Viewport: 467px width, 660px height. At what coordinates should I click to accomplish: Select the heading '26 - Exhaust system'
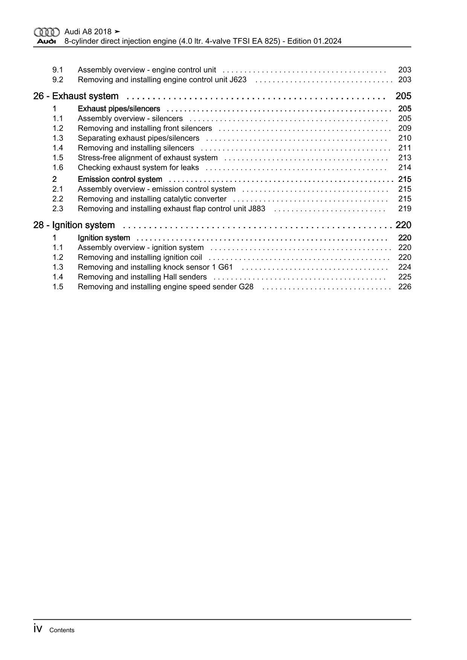click(76, 96)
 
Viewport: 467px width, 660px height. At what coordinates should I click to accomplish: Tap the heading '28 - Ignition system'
click(74, 225)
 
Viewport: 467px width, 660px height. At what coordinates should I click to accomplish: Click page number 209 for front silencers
click(404, 128)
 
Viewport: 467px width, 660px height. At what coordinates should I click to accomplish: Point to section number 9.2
click(58, 80)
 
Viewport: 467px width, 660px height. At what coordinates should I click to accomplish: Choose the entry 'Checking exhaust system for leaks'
click(138, 168)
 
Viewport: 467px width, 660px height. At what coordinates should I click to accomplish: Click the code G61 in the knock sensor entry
click(225, 267)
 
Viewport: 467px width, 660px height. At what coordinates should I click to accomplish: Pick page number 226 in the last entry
click(404, 287)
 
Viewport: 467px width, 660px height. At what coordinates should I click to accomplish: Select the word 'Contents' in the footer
click(62, 630)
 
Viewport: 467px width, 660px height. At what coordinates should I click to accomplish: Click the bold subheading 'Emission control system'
click(120, 179)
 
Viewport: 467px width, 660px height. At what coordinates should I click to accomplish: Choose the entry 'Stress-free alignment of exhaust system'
click(148, 158)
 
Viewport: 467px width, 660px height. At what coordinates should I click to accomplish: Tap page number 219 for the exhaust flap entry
click(404, 209)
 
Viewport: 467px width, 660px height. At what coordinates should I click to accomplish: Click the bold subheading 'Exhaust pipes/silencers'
click(119, 109)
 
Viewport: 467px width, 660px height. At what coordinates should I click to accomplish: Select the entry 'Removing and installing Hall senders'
click(142, 277)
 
